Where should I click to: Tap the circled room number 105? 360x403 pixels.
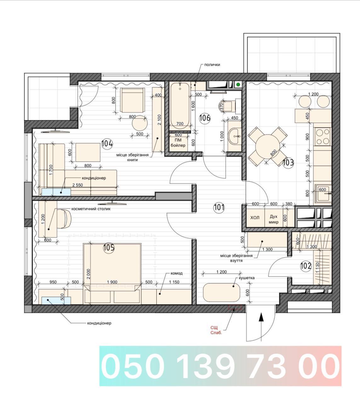109,248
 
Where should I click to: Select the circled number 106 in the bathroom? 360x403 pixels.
205,118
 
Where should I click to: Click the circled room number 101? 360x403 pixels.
219,207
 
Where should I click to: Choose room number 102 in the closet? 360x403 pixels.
306,266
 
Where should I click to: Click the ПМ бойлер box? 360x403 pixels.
178,143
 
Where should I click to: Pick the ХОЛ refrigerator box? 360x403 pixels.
255,218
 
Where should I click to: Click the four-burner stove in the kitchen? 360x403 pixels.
323,137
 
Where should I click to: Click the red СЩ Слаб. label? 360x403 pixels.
216,330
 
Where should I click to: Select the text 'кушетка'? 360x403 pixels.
247,278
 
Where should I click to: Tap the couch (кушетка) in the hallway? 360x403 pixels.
221,292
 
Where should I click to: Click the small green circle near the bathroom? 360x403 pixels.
238,84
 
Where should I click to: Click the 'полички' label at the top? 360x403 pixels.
212,65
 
